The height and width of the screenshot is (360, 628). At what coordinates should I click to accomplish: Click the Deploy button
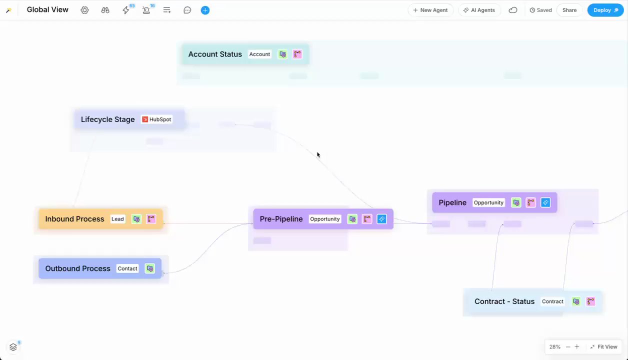tap(605, 10)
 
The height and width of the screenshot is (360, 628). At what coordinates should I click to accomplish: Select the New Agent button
tap(430, 10)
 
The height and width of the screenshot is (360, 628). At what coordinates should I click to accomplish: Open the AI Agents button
tap(479, 10)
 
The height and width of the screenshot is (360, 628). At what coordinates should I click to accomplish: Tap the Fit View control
tap(603, 346)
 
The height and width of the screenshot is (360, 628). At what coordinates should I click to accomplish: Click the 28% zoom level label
tap(554, 346)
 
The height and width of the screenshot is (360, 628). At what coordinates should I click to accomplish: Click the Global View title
tap(47, 9)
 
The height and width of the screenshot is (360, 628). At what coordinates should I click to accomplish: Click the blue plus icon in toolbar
tap(205, 10)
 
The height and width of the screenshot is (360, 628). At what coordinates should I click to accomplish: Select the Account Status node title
tap(215, 54)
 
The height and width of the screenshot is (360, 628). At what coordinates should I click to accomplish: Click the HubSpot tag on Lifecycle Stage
tap(157, 119)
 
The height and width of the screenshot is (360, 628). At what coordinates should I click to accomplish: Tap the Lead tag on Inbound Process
tap(117, 219)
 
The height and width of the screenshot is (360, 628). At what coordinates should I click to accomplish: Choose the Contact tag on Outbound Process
tap(127, 268)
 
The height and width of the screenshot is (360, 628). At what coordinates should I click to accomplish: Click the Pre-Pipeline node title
tap(281, 219)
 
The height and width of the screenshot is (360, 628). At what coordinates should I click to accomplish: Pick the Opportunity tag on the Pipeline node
tap(488, 202)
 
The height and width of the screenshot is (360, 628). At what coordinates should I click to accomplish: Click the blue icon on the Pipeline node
tap(545, 202)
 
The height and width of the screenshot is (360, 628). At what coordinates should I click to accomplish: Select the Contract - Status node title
tap(504, 301)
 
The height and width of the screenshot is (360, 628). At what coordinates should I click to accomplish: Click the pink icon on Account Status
tap(297, 54)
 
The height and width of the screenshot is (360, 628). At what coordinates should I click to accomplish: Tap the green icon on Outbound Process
tap(150, 268)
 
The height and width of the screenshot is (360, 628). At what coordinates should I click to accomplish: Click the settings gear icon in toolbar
tap(84, 10)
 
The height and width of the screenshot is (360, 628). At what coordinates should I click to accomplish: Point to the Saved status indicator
tap(541, 10)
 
